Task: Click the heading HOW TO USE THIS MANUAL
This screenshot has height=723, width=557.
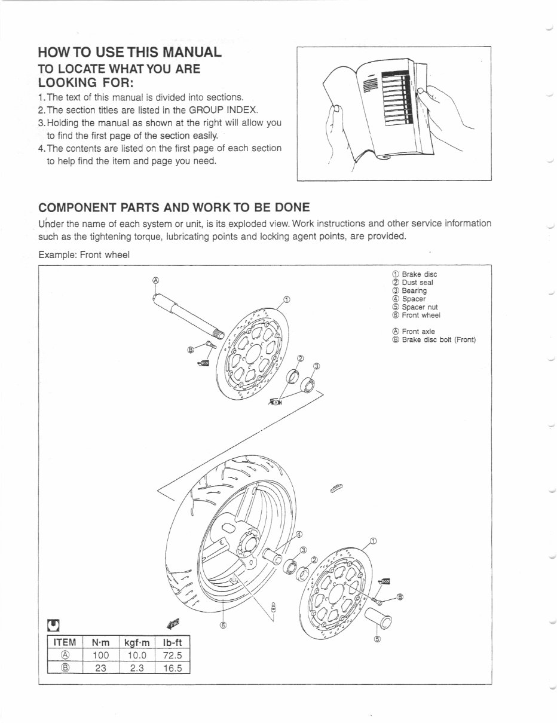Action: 130,52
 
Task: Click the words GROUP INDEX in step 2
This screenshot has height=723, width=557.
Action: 224,110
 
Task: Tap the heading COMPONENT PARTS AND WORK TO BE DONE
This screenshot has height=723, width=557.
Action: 174,208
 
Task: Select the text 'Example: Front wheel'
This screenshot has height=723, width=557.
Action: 84,255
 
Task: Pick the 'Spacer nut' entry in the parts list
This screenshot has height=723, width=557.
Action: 420,307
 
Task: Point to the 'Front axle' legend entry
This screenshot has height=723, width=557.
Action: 418,332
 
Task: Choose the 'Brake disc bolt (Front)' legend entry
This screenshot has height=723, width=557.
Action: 438,340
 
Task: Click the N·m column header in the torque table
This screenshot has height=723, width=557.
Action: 100,642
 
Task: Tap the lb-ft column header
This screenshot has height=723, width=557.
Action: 172,642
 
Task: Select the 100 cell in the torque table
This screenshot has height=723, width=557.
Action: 100,655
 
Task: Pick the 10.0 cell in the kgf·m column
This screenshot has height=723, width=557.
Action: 136,655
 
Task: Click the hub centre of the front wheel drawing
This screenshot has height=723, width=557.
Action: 247,546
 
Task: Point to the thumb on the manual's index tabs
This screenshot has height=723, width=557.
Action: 421,93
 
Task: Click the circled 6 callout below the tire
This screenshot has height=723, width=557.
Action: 223,625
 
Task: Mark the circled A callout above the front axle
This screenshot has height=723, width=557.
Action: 155,280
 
